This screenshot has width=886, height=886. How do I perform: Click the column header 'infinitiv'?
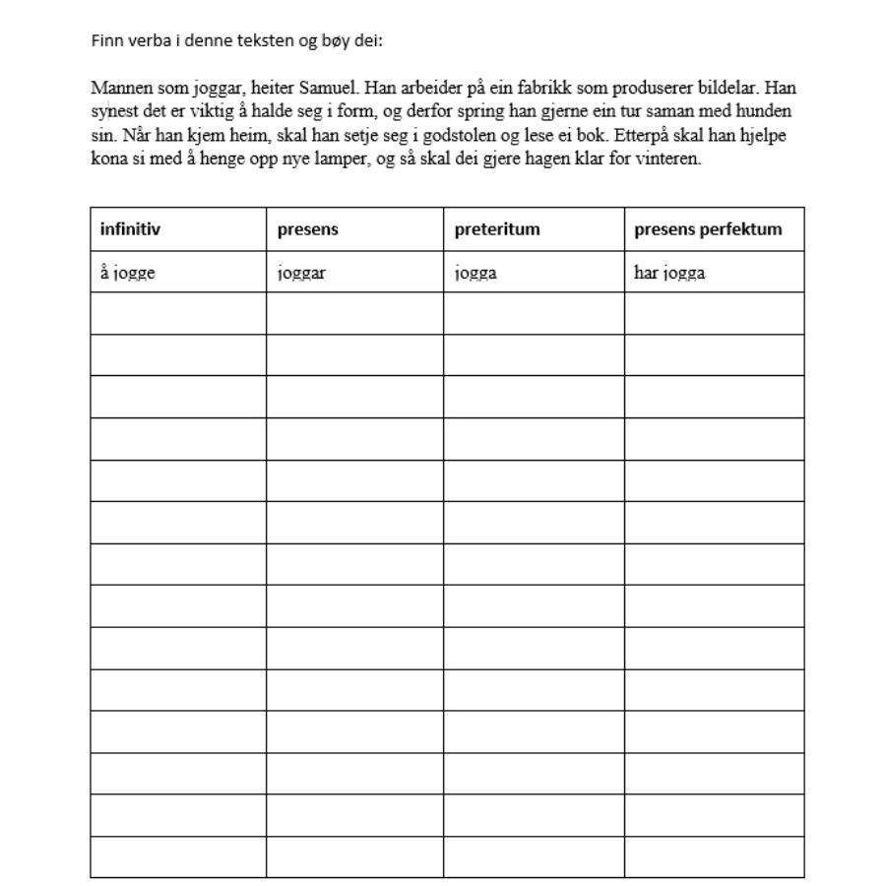pyautogui.click(x=130, y=229)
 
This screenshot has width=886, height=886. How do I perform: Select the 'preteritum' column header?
pyautogui.click(x=497, y=229)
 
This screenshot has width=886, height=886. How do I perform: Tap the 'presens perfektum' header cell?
pyautogui.click(x=708, y=229)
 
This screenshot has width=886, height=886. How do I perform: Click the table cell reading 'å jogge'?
pyautogui.click(x=128, y=273)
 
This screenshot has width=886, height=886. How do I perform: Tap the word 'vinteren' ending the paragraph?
pyautogui.click(x=670, y=160)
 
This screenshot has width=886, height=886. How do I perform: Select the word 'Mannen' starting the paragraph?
pyautogui.click(x=115, y=87)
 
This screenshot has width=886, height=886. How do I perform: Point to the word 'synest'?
pyautogui.click(x=111, y=111)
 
